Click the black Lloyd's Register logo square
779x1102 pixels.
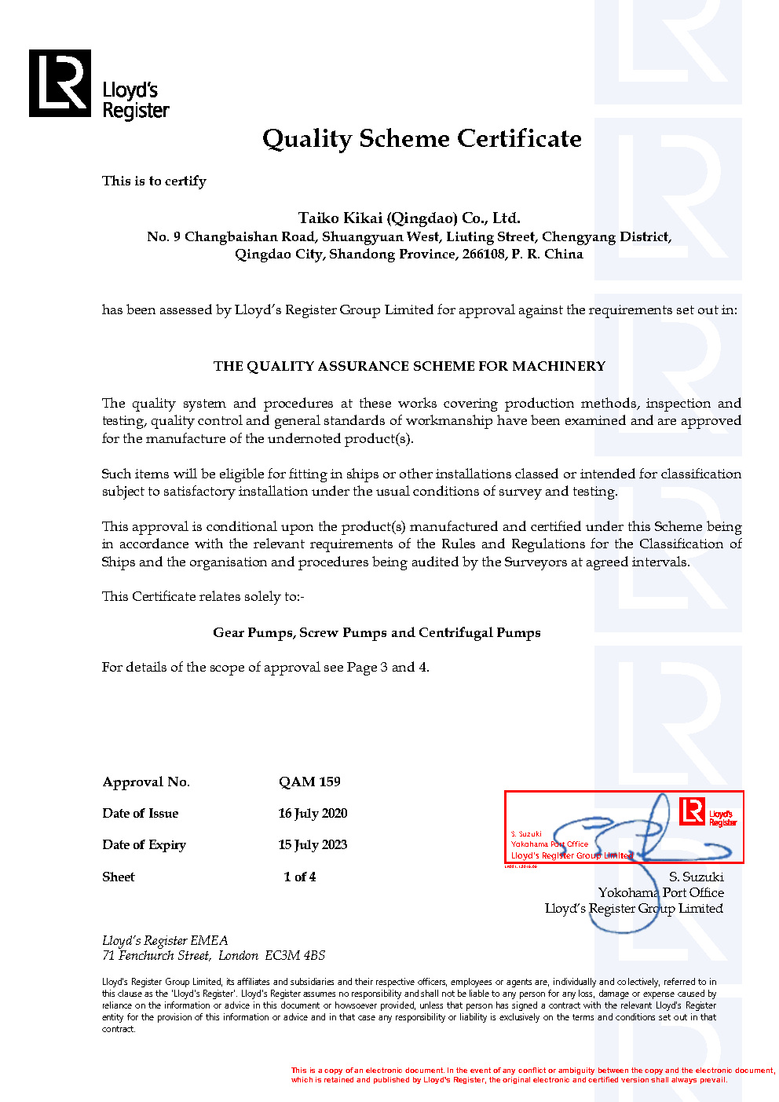pyautogui.click(x=60, y=83)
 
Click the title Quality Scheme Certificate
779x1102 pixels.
pyautogui.click(x=422, y=139)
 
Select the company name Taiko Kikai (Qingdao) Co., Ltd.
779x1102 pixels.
pyautogui.click(x=409, y=218)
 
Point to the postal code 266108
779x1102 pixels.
pyautogui.click(x=484, y=254)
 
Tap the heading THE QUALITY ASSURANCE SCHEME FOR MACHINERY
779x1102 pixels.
pyautogui.click(x=409, y=366)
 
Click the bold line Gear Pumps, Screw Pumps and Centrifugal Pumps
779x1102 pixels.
pyautogui.click(x=377, y=632)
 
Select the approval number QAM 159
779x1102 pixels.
pyautogui.click(x=309, y=782)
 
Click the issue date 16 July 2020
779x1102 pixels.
pyautogui.click(x=313, y=813)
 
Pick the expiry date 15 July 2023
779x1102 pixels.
pyautogui.click(x=313, y=844)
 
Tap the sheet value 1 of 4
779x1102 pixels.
pyautogui.click(x=300, y=877)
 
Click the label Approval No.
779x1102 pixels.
pyautogui.click(x=146, y=782)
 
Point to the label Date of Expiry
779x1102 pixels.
pyautogui.click(x=144, y=844)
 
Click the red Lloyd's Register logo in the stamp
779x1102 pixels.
pyautogui.click(x=692, y=811)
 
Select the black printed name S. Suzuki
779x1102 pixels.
pyautogui.click(x=696, y=877)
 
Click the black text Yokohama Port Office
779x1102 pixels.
pyautogui.click(x=660, y=892)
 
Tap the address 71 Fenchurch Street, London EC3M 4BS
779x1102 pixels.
pyautogui.click(x=214, y=955)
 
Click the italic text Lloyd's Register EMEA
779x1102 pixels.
pyautogui.click(x=165, y=940)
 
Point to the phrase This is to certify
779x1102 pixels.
pyautogui.click(x=154, y=181)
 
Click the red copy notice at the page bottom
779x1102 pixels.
pyautogui.click(x=532, y=1075)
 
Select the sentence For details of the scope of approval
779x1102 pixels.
pyautogui.click(x=265, y=667)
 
